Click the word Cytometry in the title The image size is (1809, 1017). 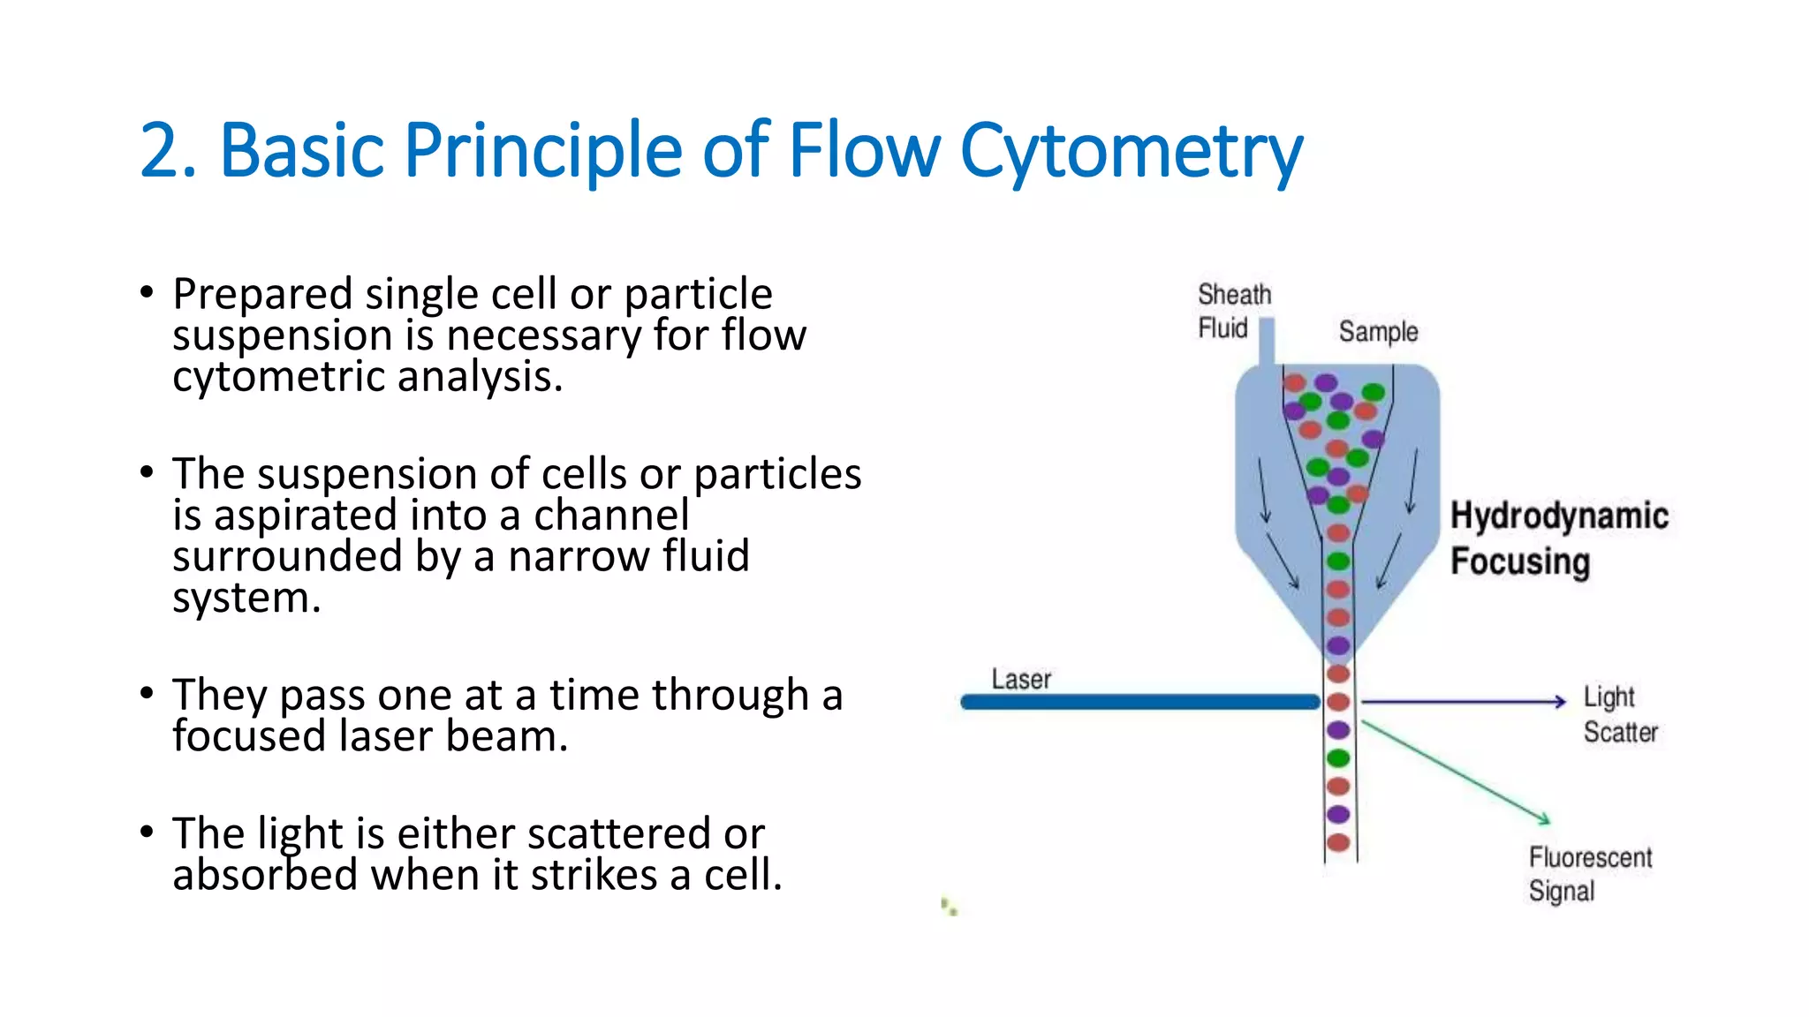coord(1131,152)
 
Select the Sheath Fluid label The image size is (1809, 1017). coord(1233,311)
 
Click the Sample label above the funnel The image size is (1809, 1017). coord(1378,332)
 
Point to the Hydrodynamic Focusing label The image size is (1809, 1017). coord(1559,538)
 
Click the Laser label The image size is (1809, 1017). coord(1021,679)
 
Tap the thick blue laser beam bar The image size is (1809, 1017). coord(1139,702)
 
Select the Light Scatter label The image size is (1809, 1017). coord(1619,714)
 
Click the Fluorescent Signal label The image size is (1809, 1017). coord(1589,874)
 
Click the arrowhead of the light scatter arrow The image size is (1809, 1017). coord(1560,702)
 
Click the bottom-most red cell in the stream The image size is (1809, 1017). coord(1338,842)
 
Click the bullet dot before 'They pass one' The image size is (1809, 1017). coord(147,692)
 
